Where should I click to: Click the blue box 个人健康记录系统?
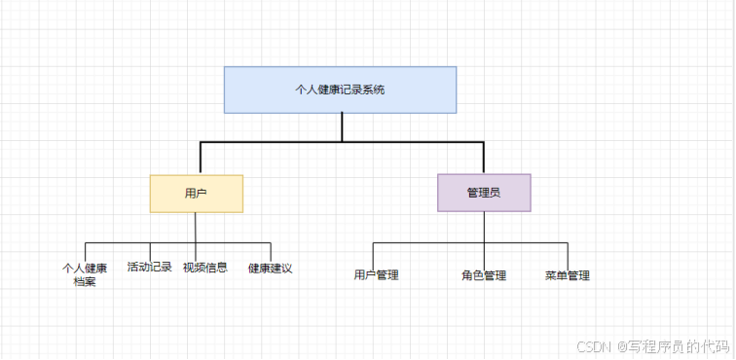click(x=340, y=90)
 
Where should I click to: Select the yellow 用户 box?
click(x=196, y=194)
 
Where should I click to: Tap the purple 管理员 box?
click(x=484, y=193)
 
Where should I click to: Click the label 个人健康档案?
click(x=85, y=274)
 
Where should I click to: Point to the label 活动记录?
click(x=149, y=267)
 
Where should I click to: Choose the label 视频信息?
click(x=205, y=267)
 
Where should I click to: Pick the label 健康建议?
click(x=270, y=268)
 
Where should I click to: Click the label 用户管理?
click(x=376, y=275)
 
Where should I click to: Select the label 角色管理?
click(x=484, y=275)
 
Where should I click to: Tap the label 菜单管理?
click(x=568, y=275)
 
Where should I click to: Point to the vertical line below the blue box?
click(x=342, y=126)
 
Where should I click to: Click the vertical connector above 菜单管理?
click(x=568, y=254)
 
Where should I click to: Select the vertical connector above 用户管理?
click(x=374, y=254)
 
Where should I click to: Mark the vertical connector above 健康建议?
click(x=271, y=251)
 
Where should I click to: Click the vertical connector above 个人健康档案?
click(x=86, y=251)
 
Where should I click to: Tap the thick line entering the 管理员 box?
click(x=484, y=158)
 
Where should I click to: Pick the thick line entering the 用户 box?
click(x=201, y=158)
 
